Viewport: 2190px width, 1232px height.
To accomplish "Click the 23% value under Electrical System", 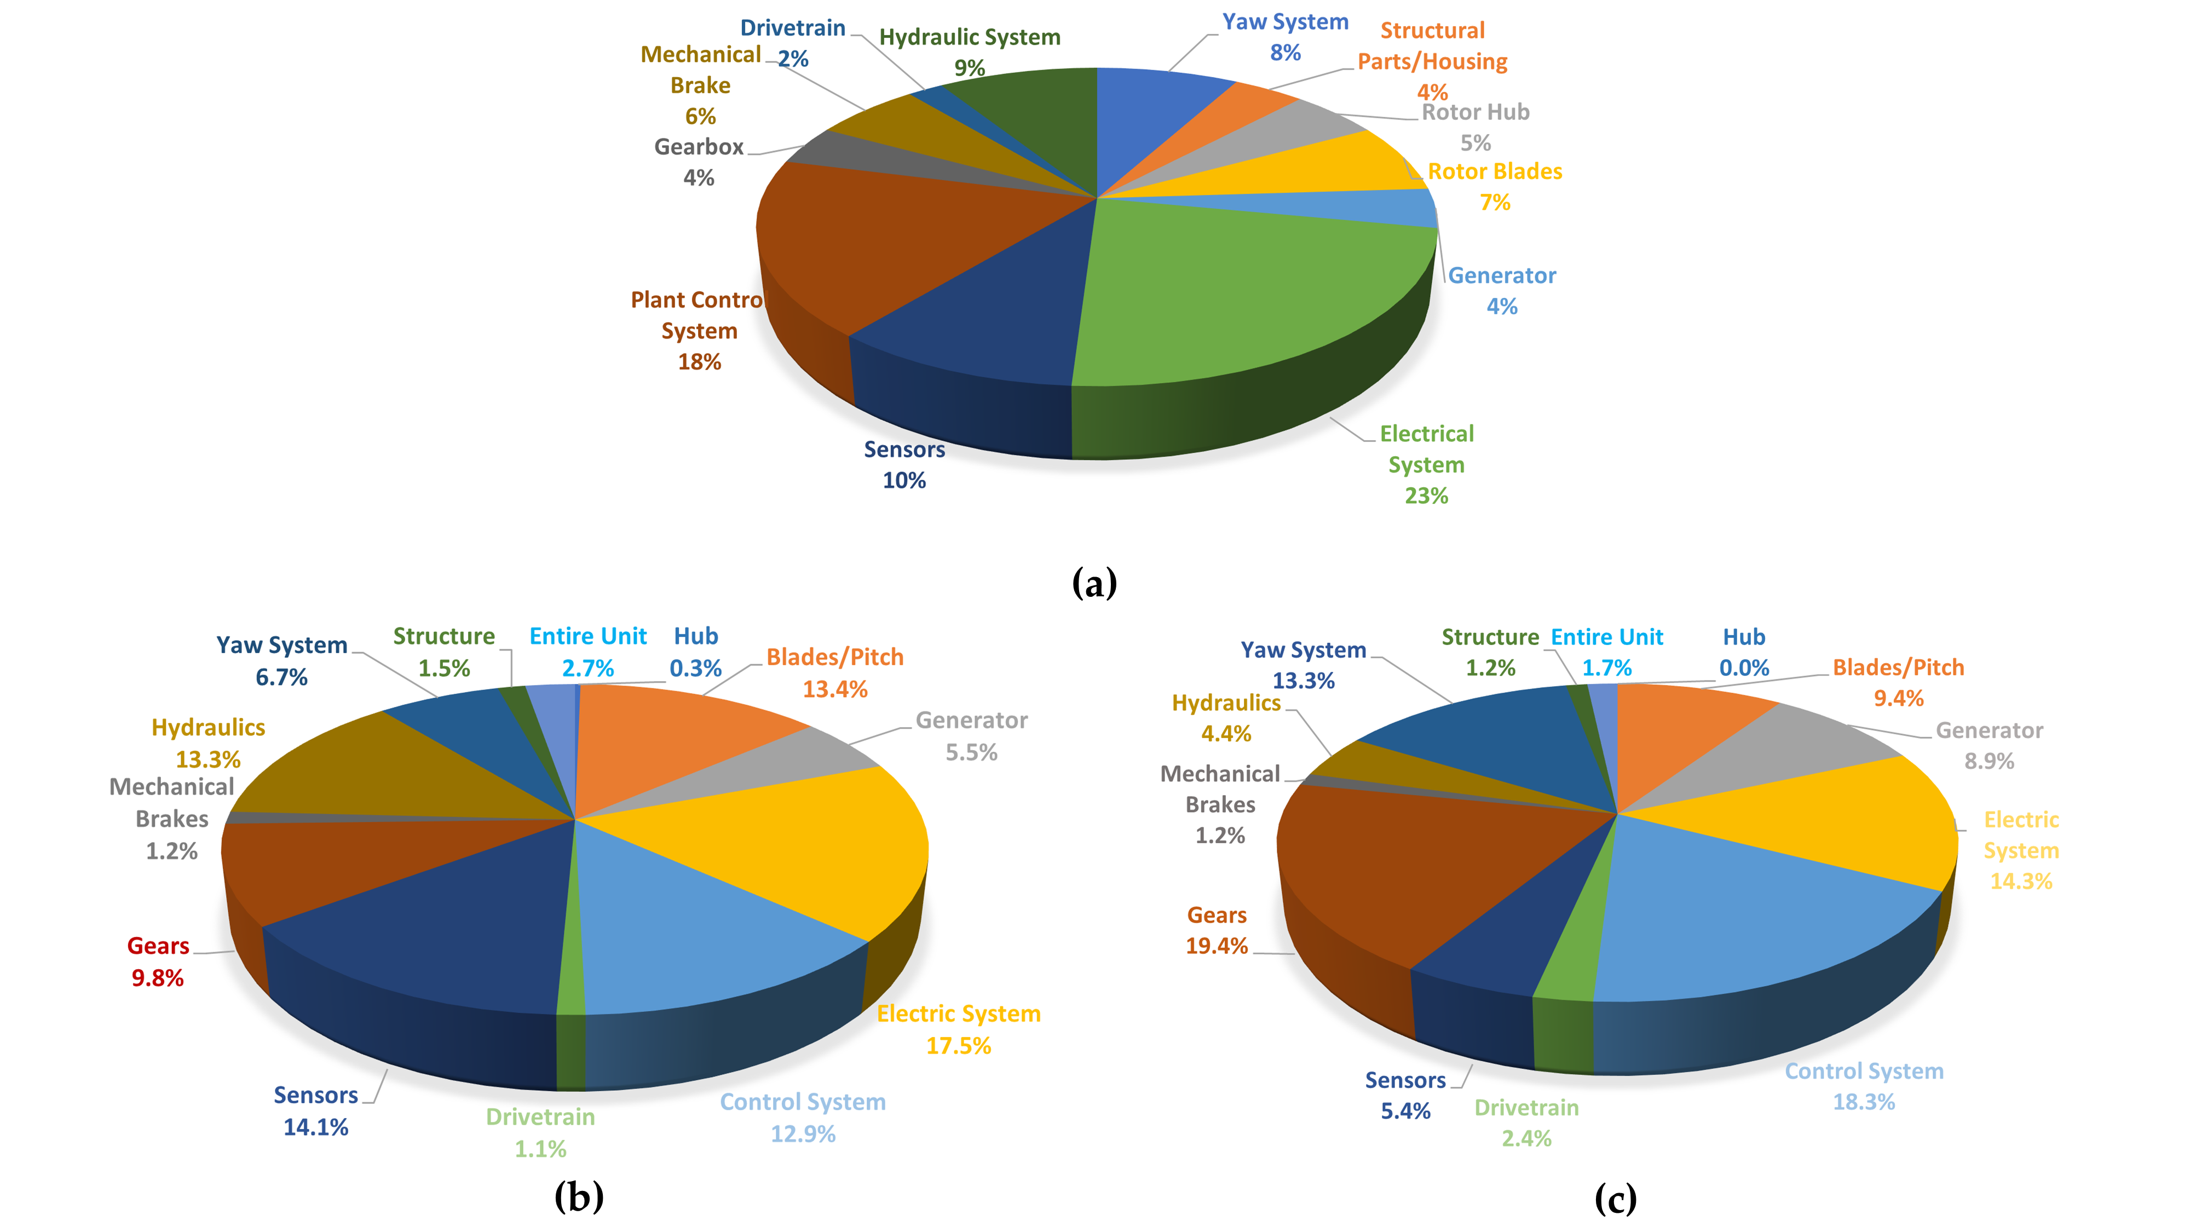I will [x=1426, y=496].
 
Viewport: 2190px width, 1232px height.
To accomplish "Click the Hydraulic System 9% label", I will [x=969, y=52].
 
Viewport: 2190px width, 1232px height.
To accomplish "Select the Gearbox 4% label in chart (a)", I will [x=699, y=162].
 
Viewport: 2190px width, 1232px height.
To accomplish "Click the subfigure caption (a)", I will [x=1094, y=583].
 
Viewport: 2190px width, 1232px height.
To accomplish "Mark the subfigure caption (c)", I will [x=1615, y=1198].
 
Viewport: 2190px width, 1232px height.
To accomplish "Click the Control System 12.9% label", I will [x=803, y=1117].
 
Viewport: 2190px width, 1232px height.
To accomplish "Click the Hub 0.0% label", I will [x=1744, y=652].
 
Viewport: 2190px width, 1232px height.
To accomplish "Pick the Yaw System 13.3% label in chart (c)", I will [x=1303, y=665].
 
